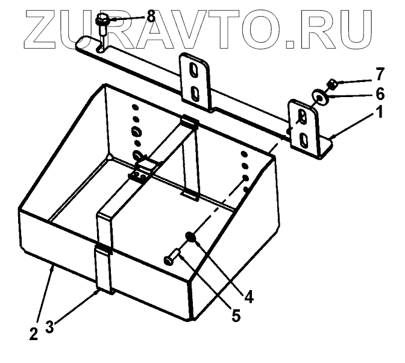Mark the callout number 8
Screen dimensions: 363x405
(151, 16)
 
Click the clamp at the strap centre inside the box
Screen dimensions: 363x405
(141, 175)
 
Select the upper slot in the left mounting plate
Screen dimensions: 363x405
(194, 71)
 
